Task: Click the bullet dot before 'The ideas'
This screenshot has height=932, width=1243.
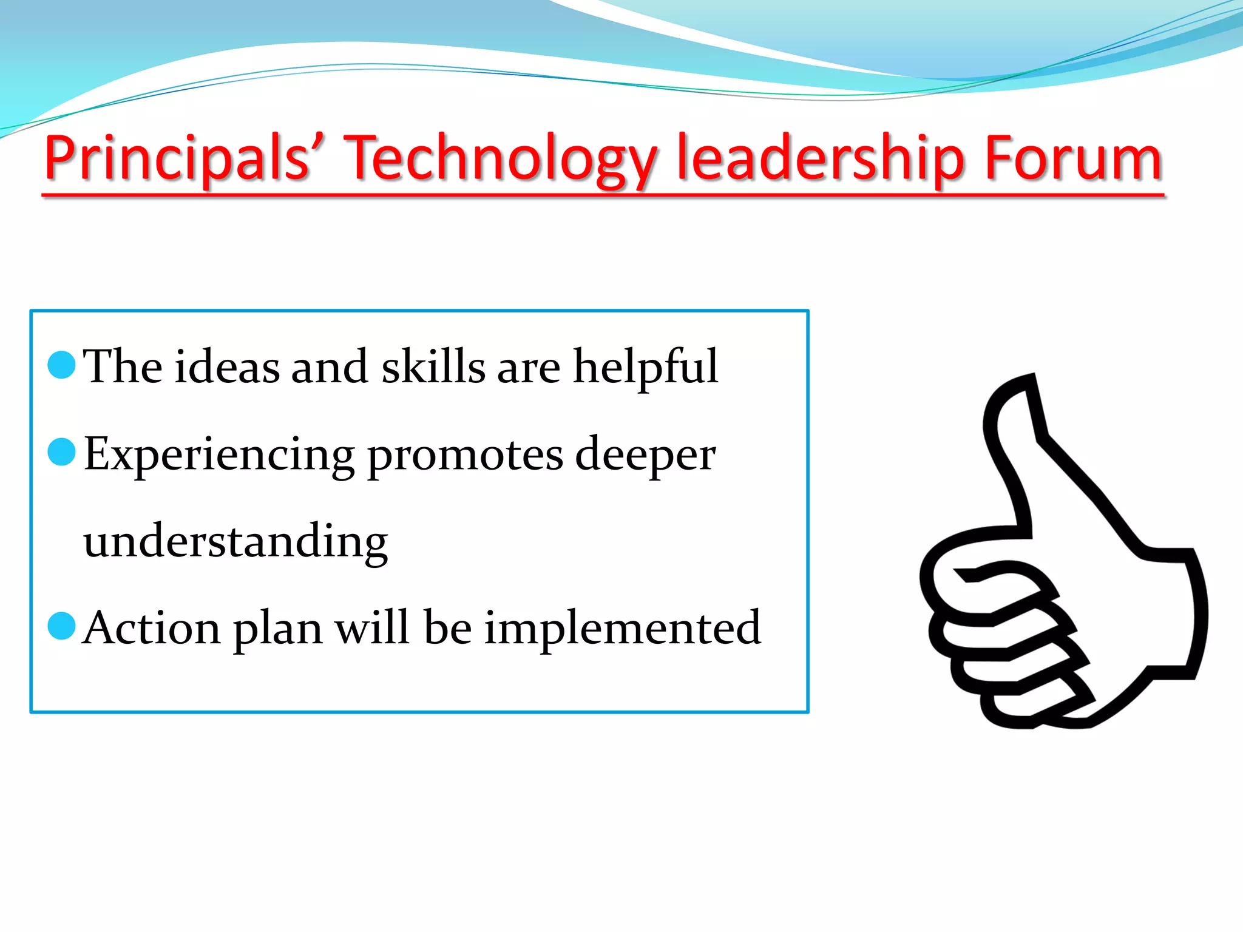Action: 61,365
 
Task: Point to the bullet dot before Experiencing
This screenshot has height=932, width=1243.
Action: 61,452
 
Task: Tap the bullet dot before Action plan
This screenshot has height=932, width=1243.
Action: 61,626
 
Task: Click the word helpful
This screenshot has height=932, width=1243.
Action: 646,368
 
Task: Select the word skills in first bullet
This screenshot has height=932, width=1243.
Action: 433,366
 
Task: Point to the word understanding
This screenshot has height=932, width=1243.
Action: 235,542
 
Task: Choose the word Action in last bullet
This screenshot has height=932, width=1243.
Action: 152,628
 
